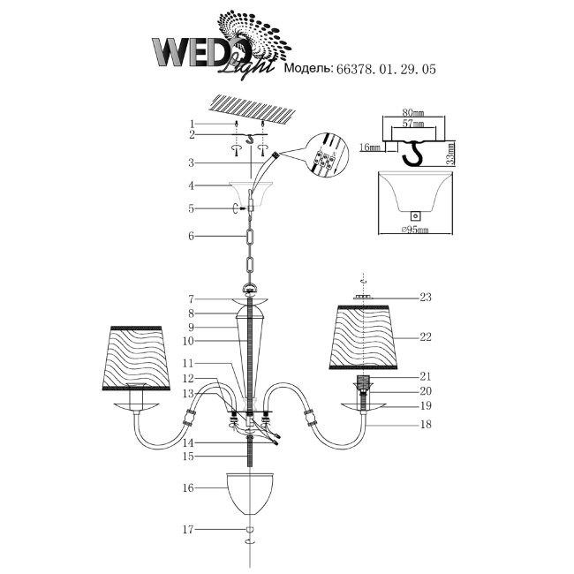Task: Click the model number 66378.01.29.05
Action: [386, 66]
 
